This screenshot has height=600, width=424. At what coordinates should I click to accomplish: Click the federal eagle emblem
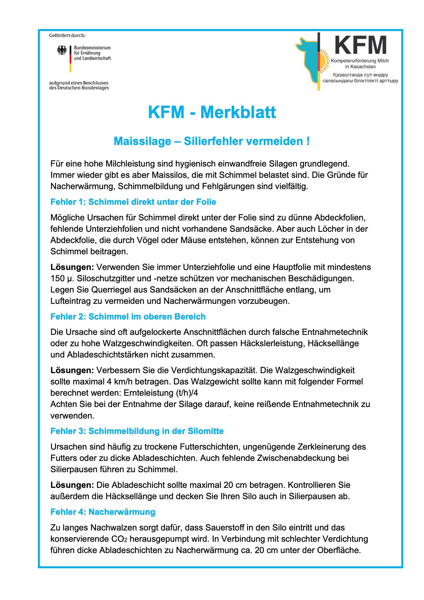pyautogui.click(x=62, y=50)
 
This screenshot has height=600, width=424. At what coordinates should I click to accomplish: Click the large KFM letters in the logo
pyautogui.click(x=360, y=45)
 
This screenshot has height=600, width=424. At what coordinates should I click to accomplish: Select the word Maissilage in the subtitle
pyautogui.click(x=142, y=141)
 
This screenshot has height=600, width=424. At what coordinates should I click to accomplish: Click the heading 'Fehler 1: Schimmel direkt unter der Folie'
pyautogui.click(x=133, y=202)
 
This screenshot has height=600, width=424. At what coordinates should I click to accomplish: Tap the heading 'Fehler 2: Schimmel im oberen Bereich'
pyautogui.click(x=128, y=316)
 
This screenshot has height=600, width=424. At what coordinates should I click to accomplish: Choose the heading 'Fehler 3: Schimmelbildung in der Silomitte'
pyautogui.click(x=137, y=431)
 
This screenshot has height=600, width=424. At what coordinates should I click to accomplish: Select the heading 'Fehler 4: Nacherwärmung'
pyautogui.click(x=103, y=512)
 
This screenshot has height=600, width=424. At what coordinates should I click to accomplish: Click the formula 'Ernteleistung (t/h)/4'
pyautogui.click(x=161, y=393)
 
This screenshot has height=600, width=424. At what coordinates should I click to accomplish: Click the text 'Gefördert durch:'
pyautogui.click(x=67, y=35)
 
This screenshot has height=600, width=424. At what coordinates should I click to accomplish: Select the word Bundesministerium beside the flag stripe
pyautogui.click(x=92, y=48)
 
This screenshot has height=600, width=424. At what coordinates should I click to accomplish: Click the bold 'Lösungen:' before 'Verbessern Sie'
pyautogui.click(x=72, y=370)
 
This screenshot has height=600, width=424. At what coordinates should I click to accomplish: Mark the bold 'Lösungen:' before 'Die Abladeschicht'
pyautogui.click(x=72, y=485)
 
